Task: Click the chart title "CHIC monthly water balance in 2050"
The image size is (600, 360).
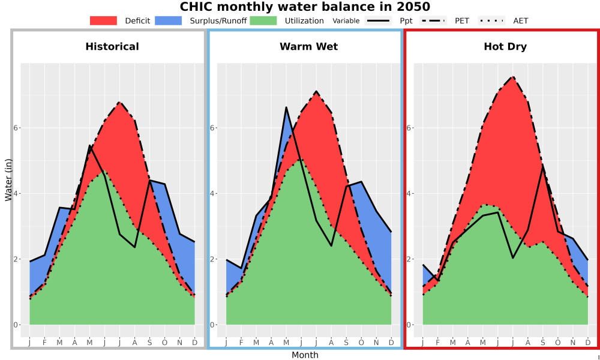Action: pyautogui.click(x=305, y=7)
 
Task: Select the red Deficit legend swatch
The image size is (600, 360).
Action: pyautogui.click(x=103, y=20)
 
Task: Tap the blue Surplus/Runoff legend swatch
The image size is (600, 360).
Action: pyautogui.click(x=169, y=20)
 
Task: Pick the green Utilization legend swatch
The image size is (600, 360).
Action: pyautogui.click(x=263, y=20)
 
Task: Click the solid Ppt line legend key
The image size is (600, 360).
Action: pyautogui.click(x=378, y=20)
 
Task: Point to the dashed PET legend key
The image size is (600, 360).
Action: pyautogui.click(x=433, y=20)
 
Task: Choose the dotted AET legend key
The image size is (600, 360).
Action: pyautogui.click(x=491, y=20)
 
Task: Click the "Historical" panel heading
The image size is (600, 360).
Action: pyautogui.click(x=112, y=47)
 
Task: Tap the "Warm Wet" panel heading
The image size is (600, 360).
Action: pyautogui.click(x=309, y=47)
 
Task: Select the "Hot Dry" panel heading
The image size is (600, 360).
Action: pyautogui.click(x=505, y=47)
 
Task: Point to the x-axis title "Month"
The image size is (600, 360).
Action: pyautogui.click(x=305, y=355)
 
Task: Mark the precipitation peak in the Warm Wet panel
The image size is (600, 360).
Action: pyautogui.click(x=286, y=107)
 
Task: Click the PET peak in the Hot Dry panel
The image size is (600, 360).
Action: pyautogui.click(x=512, y=77)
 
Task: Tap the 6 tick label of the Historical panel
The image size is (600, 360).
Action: pyautogui.click(x=16, y=128)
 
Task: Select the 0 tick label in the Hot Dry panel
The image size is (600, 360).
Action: pyautogui.click(x=409, y=325)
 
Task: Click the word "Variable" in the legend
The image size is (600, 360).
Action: pyautogui.click(x=346, y=21)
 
